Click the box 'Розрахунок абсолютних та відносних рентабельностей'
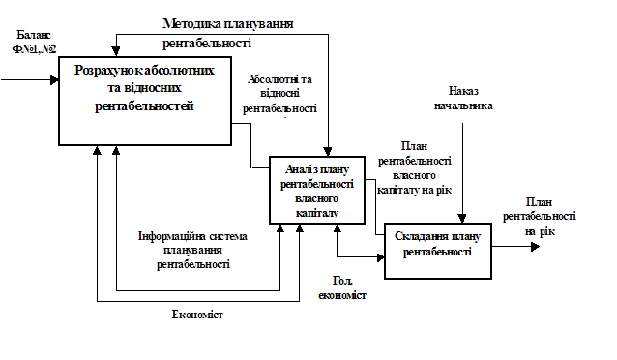tap(145, 102)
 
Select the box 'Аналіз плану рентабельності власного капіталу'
tap(317, 190)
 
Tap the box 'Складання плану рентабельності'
tap(438, 251)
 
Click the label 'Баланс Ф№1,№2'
tap(34, 42)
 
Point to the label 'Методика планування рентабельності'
tap(228, 33)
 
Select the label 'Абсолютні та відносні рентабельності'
tap(279, 94)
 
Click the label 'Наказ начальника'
tap(463, 99)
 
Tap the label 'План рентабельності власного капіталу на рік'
tap(414, 168)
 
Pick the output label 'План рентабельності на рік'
tap(539, 217)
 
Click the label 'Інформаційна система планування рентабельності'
tap(192, 250)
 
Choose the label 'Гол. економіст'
tap(342, 288)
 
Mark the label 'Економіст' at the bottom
tap(197, 315)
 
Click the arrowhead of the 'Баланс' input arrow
tap(54, 80)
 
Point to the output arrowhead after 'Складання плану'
tap(535, 247)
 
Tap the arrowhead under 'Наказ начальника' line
tap(462, 219)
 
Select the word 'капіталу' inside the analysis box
tap(317, 213)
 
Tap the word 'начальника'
tap(463, 105)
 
